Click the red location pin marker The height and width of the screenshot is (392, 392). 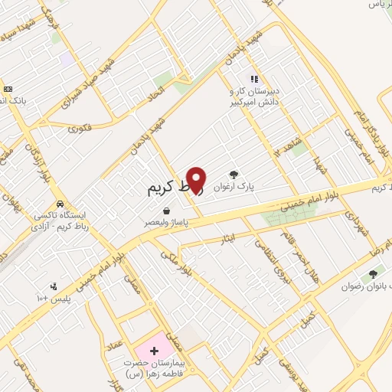coord(197,179)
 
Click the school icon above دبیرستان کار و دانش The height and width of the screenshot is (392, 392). coord(254,79)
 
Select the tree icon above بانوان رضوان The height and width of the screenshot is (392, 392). coord(373,273)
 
